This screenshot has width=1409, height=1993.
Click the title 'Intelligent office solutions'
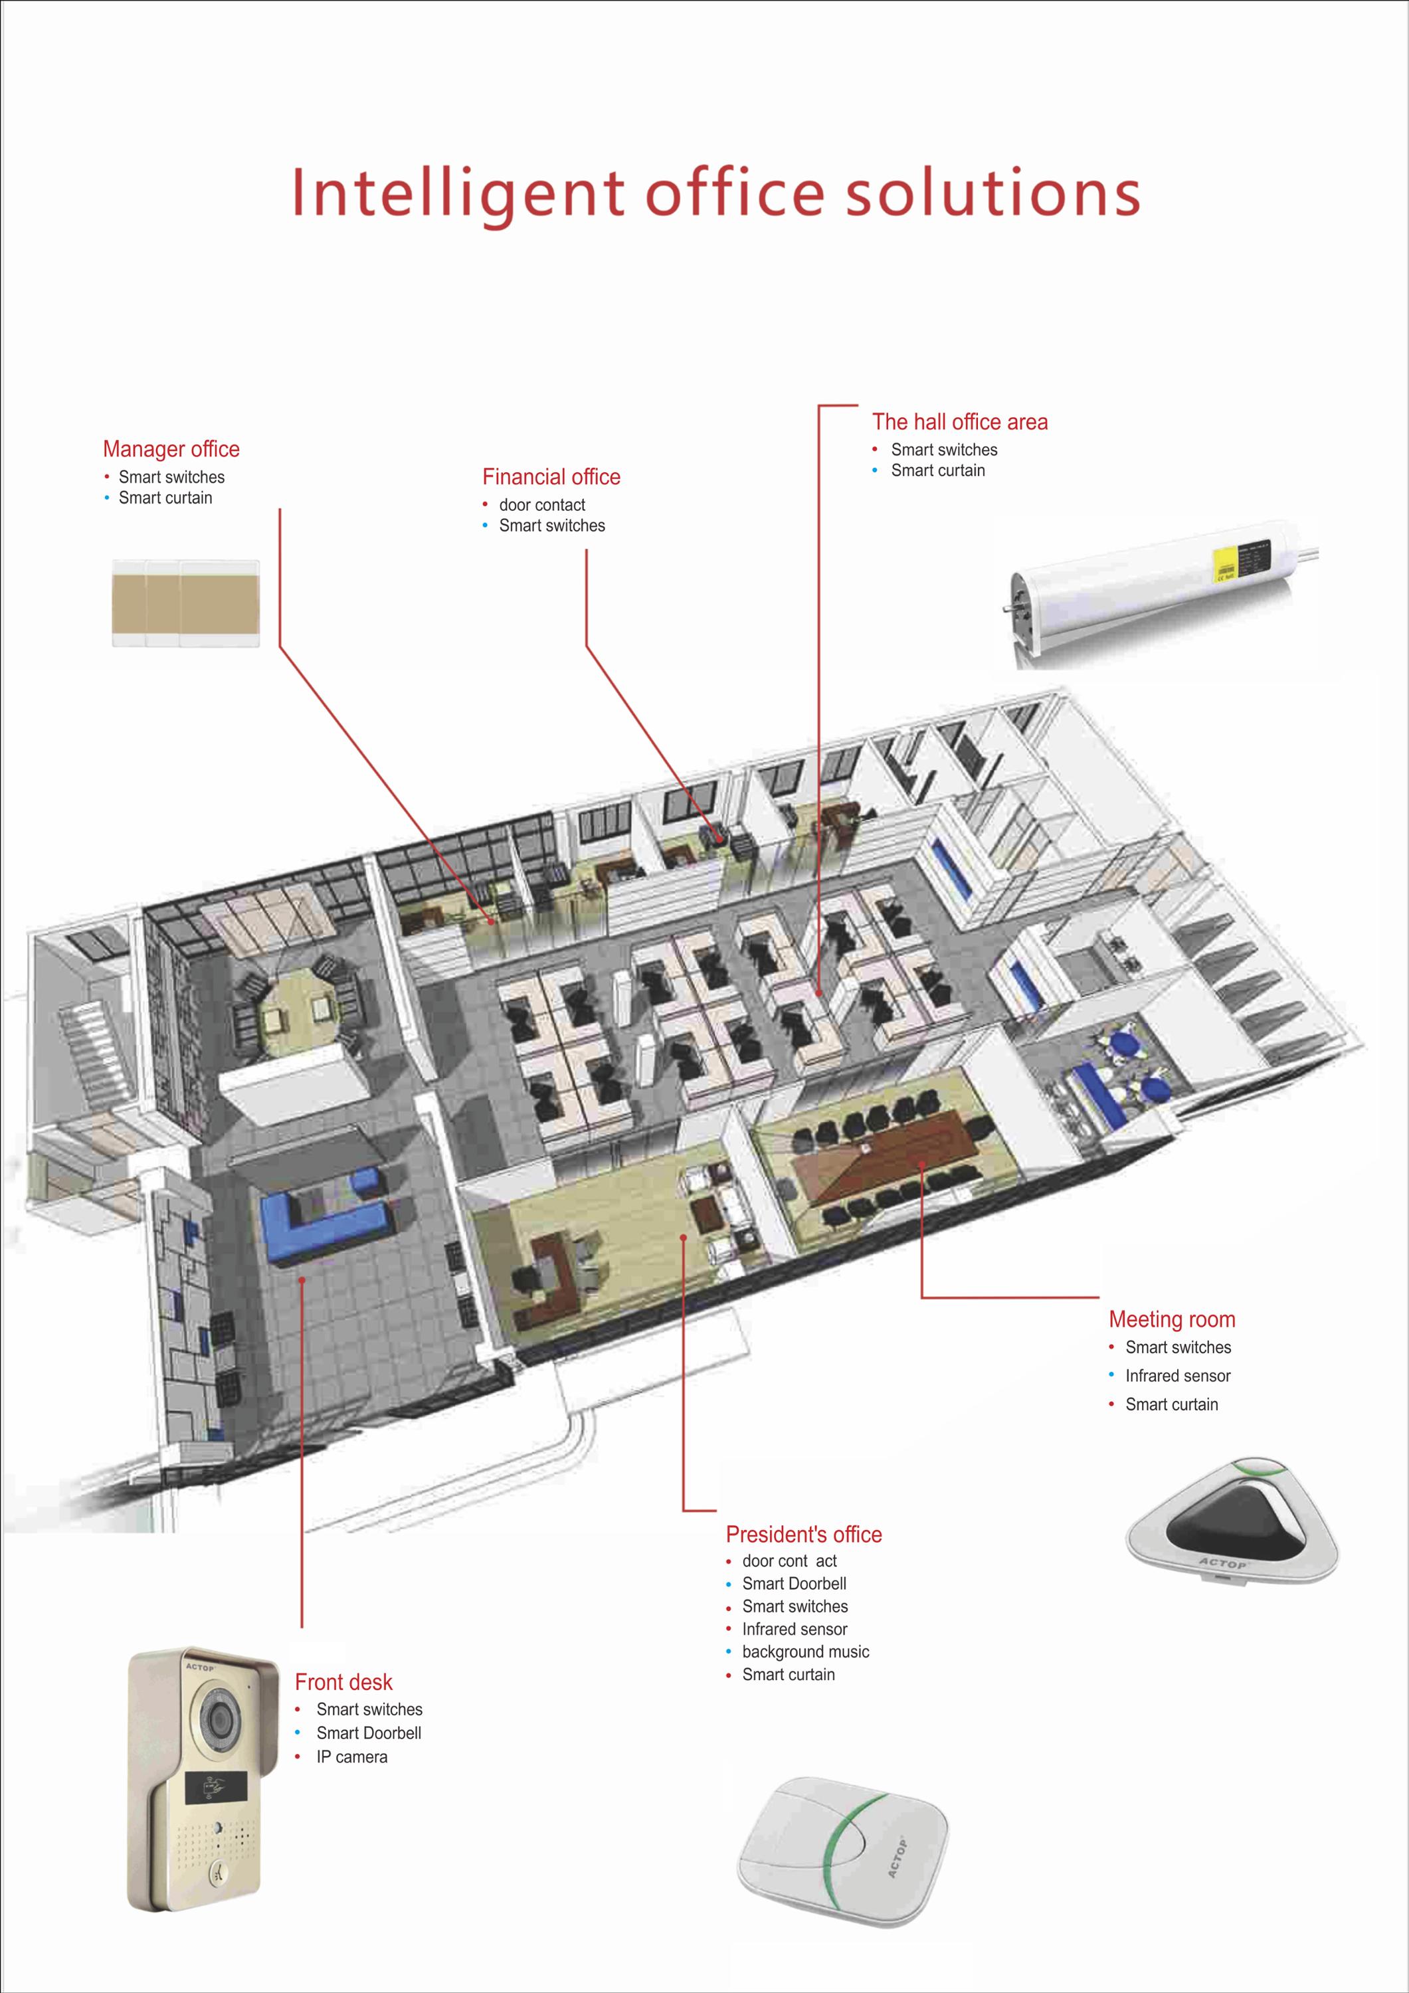tap(715, 193)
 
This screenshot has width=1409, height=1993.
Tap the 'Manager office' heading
tap(171, 449)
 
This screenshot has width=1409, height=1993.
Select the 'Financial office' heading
tap(551, 476)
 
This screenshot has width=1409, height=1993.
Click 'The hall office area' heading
tap(959, 422)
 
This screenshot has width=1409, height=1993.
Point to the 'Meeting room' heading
tap(1171, 1319)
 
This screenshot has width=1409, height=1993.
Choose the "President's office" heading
tap(803, 1534)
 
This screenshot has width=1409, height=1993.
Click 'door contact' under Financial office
tap(541, 504)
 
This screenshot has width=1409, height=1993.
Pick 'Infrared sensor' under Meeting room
tap(1177, 1376)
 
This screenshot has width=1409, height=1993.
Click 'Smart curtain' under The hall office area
tap(937, 470)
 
